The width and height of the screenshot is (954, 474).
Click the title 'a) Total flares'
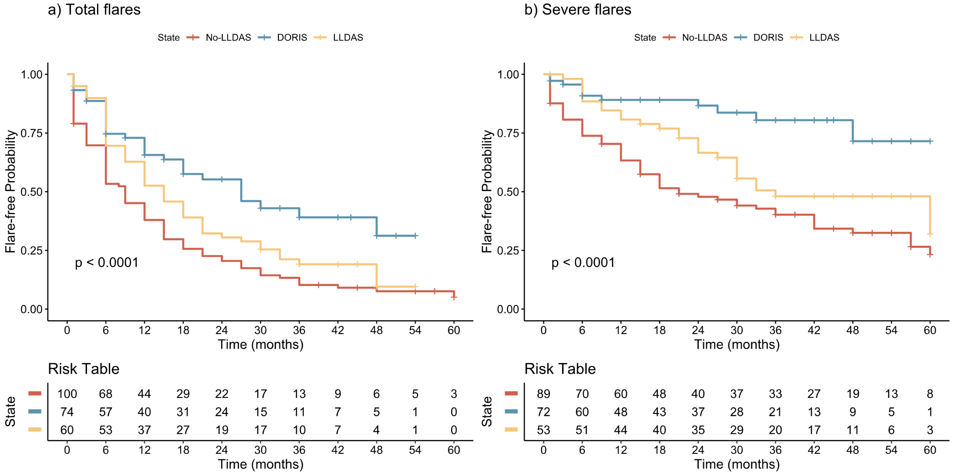point(94,10)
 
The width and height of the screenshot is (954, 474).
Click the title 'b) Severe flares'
point(578,10)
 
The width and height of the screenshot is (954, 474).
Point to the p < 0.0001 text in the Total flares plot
point(107,262)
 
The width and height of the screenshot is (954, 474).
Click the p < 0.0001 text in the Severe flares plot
point(583,262)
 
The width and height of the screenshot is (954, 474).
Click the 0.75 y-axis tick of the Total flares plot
point(31,133)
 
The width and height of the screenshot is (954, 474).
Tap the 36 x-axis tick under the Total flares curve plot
point(299,330)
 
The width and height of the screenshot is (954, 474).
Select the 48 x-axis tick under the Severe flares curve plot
point(853,330)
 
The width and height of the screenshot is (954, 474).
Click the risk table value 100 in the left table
point(67,394)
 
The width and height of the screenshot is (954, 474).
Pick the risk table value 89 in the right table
point(543,394)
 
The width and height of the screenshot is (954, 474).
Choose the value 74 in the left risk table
point(67,412)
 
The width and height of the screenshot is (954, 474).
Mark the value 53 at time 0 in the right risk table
point(543,430)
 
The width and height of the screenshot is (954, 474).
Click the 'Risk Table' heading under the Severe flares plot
point(560,369)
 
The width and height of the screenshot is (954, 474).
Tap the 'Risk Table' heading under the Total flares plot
point(84,369)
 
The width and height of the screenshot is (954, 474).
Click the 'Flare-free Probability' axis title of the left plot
point(10,192)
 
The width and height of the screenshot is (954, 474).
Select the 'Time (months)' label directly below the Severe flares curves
point(737,345)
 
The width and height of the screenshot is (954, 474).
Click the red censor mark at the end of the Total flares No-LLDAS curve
point(454,297)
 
